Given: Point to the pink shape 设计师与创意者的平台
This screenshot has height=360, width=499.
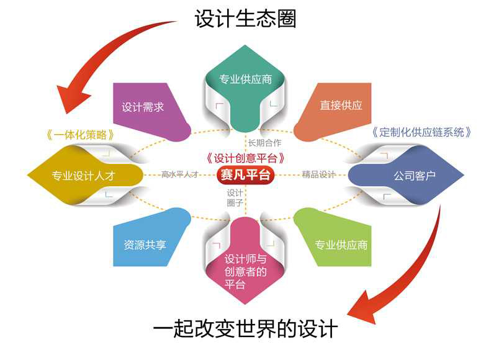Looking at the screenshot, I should point(245,271).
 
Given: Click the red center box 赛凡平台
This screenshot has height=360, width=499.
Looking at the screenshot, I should point(246,175).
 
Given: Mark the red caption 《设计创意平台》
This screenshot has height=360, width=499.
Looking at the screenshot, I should point(245,158).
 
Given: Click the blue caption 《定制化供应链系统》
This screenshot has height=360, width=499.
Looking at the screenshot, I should point(422,132).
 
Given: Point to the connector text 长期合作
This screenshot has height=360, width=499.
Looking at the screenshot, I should point(264,142).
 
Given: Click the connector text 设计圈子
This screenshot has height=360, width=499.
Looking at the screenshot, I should point(234,197).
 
